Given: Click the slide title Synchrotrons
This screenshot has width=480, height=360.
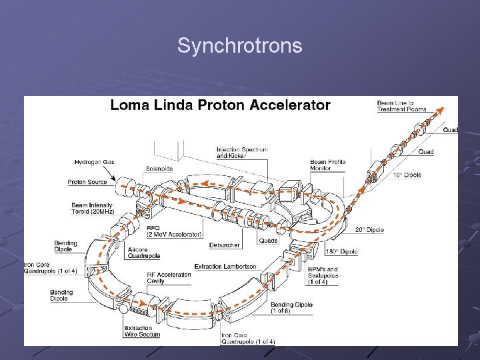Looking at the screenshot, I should [x=239, y=46].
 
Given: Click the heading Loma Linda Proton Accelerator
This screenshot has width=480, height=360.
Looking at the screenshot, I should [x=220, y=105].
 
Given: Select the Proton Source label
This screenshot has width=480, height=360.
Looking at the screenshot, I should [x=87, y=182].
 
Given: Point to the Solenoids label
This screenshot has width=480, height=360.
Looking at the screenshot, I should [x=159, y=169].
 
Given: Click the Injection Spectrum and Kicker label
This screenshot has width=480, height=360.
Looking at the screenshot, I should [x=242, y=153].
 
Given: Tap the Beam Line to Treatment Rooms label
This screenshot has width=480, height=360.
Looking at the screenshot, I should [x=401, y=106].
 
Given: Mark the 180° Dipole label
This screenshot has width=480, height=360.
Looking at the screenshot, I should [x=341, y=252].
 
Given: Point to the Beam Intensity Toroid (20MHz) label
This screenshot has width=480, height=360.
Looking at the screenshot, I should [x=93, y=209].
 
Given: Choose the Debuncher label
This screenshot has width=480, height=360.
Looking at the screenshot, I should [x=224, y=245].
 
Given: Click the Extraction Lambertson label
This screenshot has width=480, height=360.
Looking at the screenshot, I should [x=225, y=267].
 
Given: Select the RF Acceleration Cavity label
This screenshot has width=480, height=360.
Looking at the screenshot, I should [x=169, y=278].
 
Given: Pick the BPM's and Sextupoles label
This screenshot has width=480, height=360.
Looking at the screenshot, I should [x=323, y=275].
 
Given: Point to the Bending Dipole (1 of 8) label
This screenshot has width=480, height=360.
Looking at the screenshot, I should [x=291, y=308].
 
